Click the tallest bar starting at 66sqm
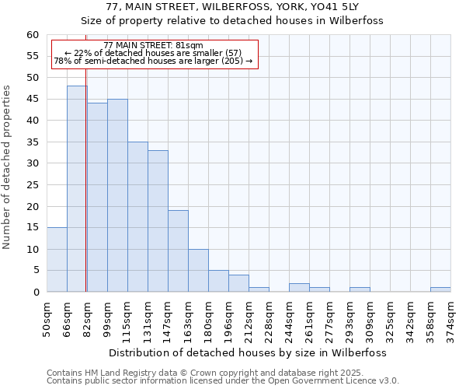(77, 189)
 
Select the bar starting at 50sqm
(57, 260)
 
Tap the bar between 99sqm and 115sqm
(117, 195)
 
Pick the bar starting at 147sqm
(178, 251)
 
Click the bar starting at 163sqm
(198, 271)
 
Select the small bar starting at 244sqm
(299, 288)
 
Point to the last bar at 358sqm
(440, 289)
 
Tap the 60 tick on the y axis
(33, 35)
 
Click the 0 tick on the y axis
(36, 293)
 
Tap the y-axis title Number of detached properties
(7, 167)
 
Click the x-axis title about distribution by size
(247, 352)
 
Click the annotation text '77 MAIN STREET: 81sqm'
(153, 46)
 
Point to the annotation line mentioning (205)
(153, 61)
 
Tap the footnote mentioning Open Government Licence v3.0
(223, 381)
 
